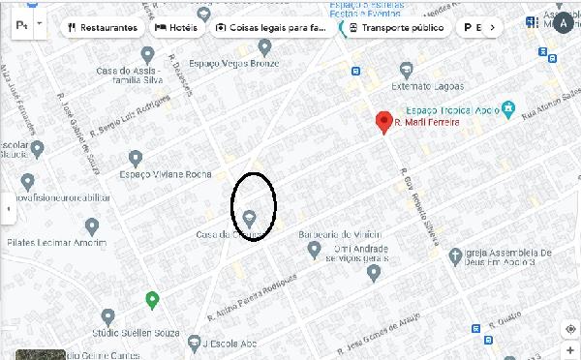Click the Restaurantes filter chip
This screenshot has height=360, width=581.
(x=103, y=27)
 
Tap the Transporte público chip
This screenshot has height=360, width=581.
(x=397, y=27)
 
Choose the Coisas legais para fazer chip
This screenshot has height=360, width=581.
(x=272, y=27)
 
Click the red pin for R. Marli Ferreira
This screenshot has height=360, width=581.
(x=383, y=121)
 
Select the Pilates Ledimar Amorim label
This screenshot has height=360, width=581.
(x=56, y=242)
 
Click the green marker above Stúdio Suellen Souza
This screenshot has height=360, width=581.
(x=152, y=299)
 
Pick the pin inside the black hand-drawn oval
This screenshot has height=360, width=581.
(x=250, y=217)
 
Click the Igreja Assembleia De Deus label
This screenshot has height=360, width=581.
(x=508, y=255)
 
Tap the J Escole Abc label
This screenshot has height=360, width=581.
(x=230, y=342)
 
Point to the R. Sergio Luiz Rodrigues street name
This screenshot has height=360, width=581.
(x=129, y=119)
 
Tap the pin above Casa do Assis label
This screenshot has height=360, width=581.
(x=147, y=54)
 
